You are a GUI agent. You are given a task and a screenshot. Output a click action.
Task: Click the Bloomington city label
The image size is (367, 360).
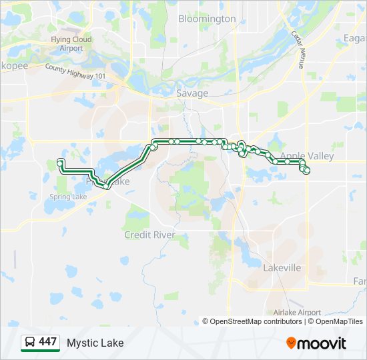click(x=207, y=19)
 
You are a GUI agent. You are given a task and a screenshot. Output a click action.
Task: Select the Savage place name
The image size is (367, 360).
click(x=192, y=93)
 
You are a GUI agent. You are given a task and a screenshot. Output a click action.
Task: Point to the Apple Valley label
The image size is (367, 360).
click(x=306, y=156)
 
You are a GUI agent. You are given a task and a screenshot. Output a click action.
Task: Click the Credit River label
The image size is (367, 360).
click(x=149, y=235)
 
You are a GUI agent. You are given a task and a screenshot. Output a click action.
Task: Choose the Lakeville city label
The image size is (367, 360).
click(x=282, y=267)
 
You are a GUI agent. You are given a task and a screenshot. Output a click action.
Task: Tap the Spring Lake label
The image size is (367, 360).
click(x=68, y=197)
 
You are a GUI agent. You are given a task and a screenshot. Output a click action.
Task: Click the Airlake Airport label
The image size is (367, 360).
click(x=297, y=312)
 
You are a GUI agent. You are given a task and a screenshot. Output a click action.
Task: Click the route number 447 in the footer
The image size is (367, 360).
click(x=47, y=342)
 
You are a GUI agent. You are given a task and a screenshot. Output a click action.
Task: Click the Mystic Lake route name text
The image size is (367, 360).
click(x=95, y=343)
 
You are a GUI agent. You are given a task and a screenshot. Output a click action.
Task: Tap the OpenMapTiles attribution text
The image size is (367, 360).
click(x=336, y=321)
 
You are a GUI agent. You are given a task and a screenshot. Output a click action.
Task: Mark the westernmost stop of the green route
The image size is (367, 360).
click(x=60, y=163)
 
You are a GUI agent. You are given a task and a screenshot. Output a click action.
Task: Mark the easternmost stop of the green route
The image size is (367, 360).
click(x=307, y=171)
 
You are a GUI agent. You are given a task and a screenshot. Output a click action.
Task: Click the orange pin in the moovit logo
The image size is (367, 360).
click(x=291, y=343)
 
